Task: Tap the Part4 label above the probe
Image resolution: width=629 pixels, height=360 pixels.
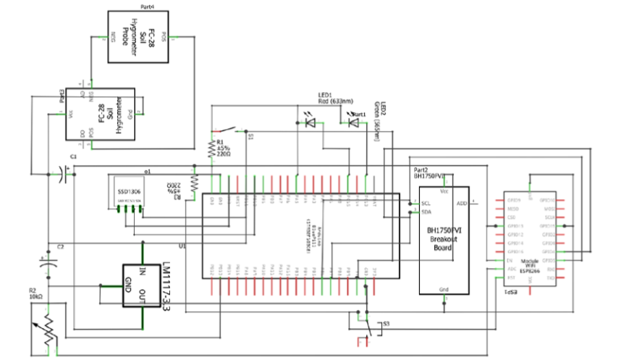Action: click(148, 7)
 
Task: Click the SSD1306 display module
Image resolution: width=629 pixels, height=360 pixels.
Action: click(124, 196)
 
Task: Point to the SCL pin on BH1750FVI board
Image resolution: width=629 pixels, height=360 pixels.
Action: click(426, 204)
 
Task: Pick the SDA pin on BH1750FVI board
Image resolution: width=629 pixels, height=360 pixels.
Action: click(426, 212)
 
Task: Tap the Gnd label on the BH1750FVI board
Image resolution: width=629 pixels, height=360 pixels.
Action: click(444, 288)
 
